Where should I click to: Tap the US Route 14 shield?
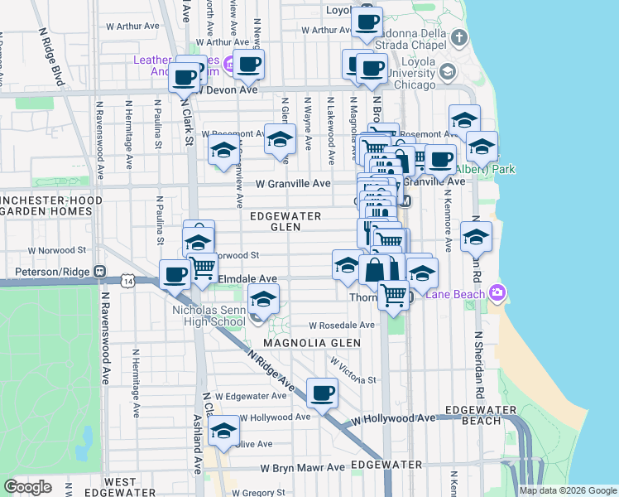tap(127, 282)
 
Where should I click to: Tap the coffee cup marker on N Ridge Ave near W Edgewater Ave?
tap(322, 393)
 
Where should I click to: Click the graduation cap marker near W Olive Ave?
tap(223, 430)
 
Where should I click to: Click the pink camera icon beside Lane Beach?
tap(497, 292)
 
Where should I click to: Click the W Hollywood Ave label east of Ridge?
tap(392, 419)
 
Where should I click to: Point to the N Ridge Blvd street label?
tap(52, 57)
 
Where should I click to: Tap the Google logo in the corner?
tap(27, 487)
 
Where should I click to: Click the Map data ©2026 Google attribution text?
tap(567, 490)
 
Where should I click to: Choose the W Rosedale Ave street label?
tap(342, 326)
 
